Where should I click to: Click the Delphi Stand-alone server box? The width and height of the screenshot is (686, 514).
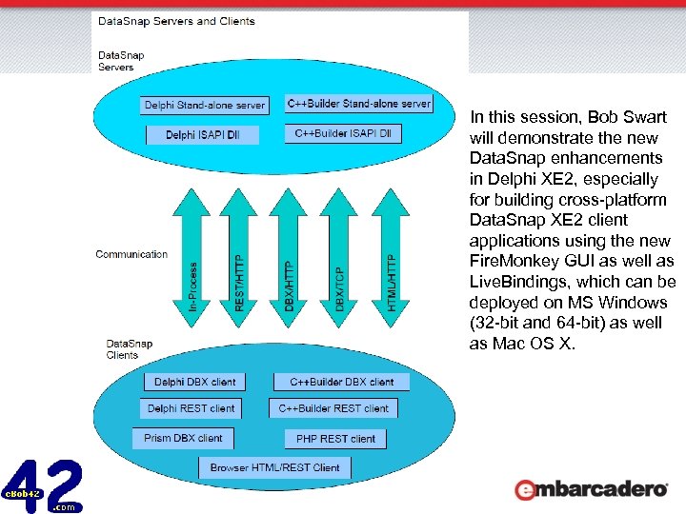point(205,105)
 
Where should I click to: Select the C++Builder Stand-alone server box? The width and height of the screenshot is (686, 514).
point(359,103)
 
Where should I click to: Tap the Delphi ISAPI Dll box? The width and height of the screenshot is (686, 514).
point(202,135)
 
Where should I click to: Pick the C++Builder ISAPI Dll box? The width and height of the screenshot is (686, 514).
point(343,133)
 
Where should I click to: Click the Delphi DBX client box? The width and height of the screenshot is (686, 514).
point(194,382)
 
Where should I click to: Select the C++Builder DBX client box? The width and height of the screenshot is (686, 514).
point(341,382)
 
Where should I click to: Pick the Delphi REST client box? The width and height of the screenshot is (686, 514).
point(191,408)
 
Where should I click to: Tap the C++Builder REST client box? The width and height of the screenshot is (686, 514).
point(333,408)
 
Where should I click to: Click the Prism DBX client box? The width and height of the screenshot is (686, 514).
point(183,439)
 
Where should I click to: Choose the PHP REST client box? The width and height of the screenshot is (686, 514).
point(335,439)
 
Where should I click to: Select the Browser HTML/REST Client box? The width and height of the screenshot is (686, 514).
point(274,467)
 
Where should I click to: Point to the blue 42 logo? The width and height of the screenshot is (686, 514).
point(43,485)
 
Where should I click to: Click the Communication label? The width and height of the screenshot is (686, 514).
point(131,254)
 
